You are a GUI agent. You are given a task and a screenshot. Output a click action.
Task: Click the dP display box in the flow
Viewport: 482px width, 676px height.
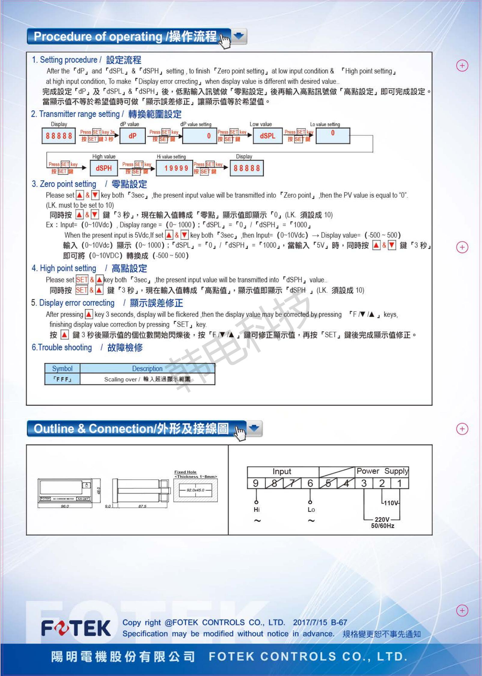coord(132,136)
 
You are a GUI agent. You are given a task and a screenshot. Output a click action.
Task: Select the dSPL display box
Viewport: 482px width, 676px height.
coord(267,136)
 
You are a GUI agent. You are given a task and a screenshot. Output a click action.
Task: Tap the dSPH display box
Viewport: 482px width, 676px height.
coord(104,168)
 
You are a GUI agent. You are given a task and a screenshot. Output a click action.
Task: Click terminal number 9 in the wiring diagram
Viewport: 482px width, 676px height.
coord(256,483)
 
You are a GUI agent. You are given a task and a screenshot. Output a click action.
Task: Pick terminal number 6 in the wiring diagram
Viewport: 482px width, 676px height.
coord(310,483)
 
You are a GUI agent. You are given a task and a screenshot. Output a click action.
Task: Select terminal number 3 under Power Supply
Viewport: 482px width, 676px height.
coord(364,483)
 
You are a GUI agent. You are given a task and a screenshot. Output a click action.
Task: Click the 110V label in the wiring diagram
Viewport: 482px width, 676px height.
coord(391,503)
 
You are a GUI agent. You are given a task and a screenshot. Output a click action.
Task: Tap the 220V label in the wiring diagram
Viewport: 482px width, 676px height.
coord(382,519)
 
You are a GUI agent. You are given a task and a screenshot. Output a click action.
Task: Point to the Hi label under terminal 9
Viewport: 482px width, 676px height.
coord(257,510)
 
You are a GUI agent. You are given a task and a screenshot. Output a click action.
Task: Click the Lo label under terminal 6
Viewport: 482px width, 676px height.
coord(311,510)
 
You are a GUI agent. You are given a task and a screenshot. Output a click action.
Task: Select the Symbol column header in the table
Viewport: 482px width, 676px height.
coord(62,368)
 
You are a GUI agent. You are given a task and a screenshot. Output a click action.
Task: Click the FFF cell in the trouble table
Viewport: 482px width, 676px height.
coord(62,379)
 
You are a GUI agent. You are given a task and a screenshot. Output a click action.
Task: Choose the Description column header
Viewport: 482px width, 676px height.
coord(147,368)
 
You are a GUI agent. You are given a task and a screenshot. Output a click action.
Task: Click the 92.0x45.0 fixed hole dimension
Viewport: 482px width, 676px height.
coord(195,490)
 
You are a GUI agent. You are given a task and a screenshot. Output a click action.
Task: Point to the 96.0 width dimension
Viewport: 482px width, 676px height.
coord(65,506)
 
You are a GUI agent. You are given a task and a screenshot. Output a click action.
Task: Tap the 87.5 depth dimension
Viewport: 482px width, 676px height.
coord(142,506)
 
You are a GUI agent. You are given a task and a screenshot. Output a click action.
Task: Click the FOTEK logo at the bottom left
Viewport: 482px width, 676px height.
coord(76,628)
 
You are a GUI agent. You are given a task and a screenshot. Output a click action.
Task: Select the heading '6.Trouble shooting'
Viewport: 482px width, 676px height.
coord(62,347)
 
